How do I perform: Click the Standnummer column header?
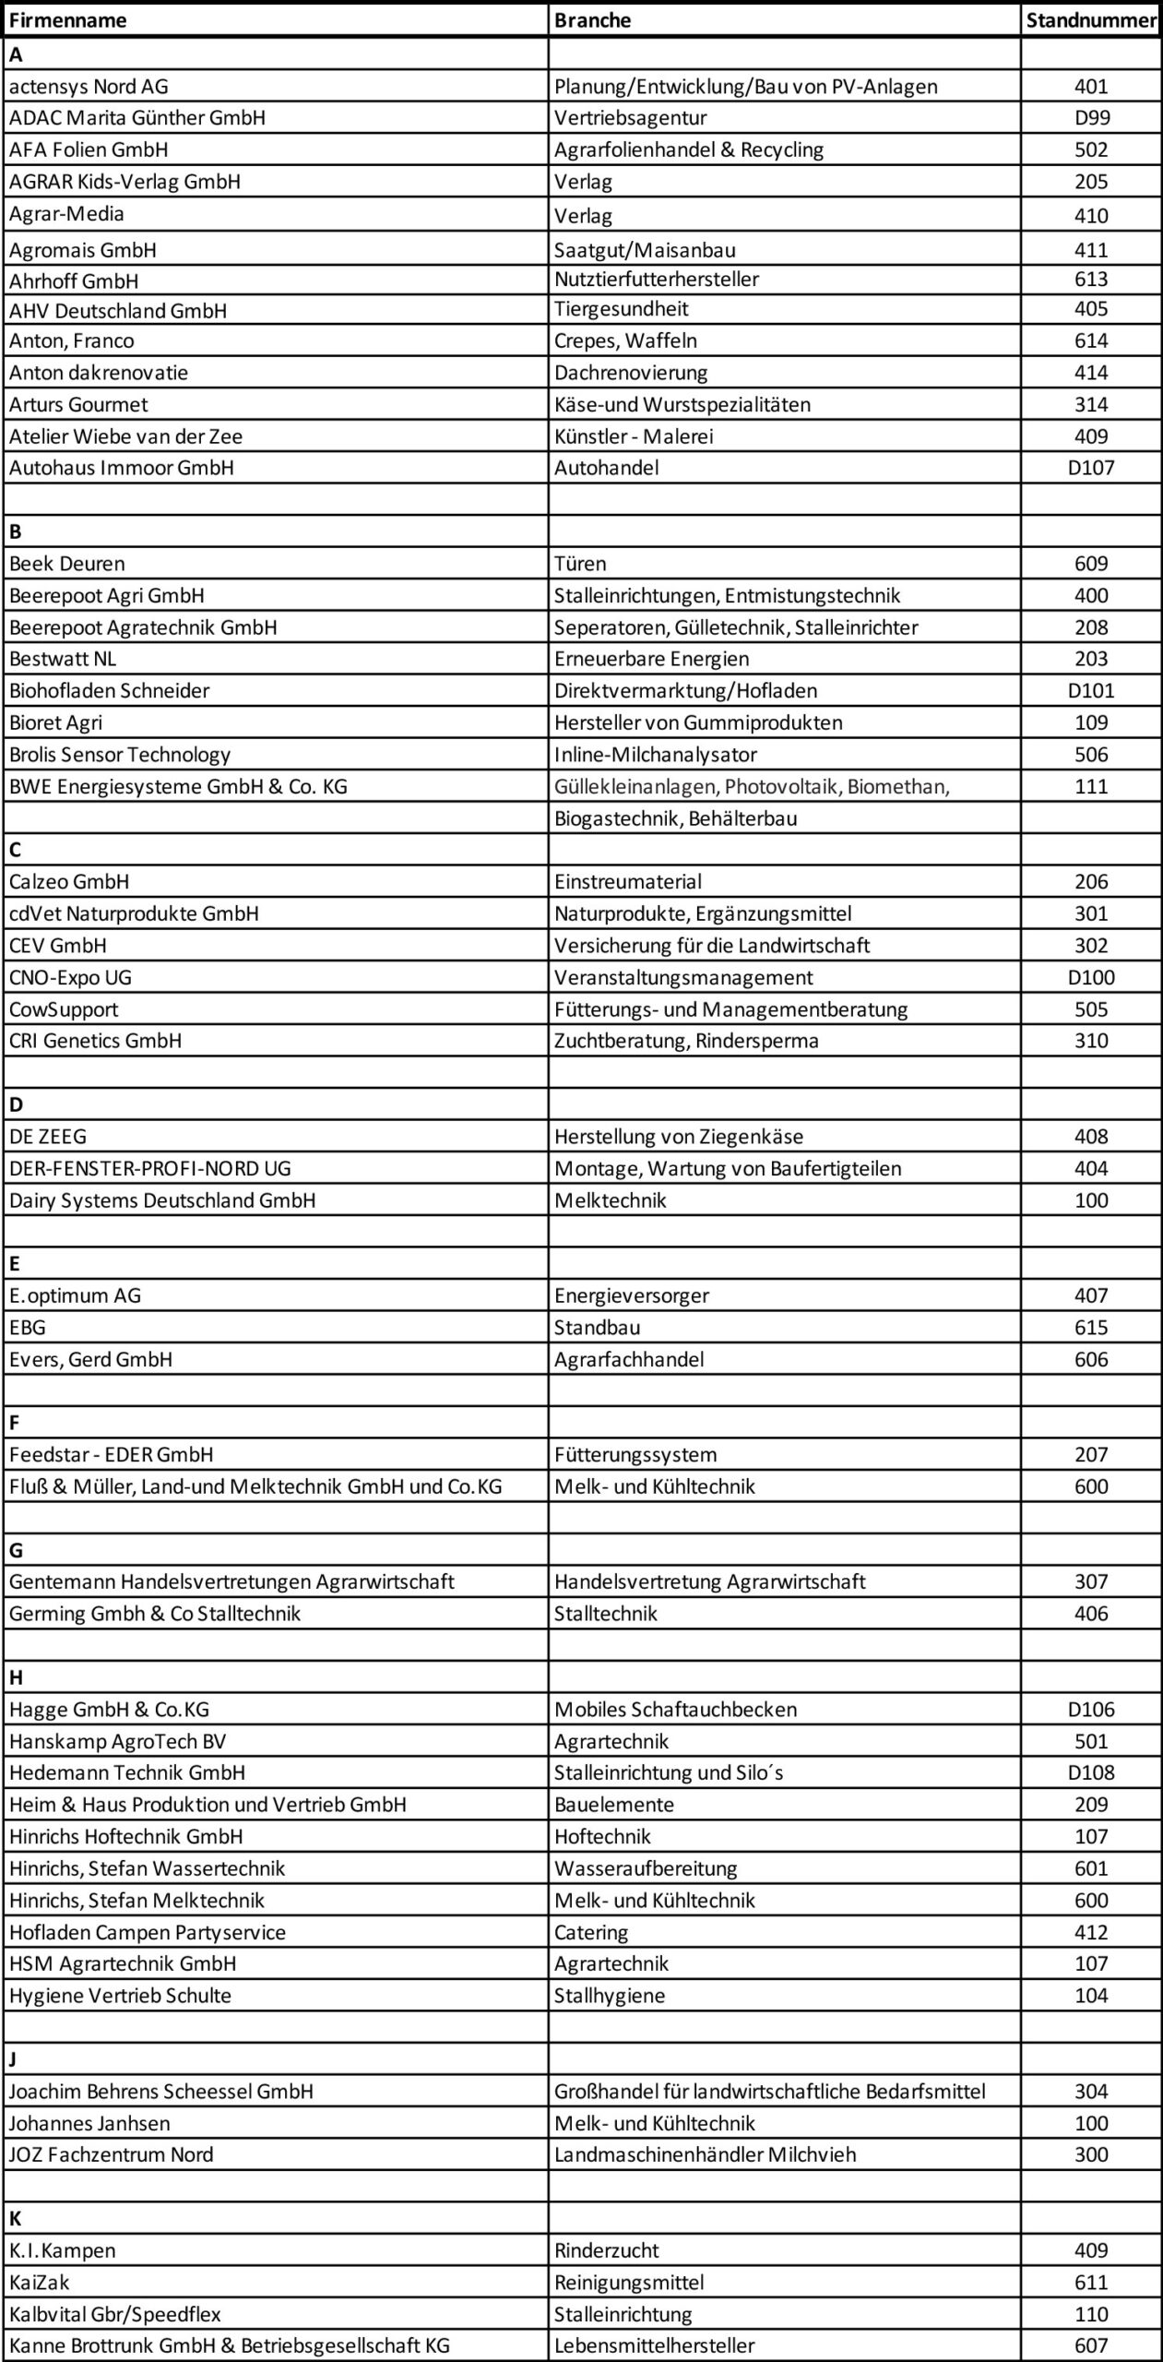(1091, 20)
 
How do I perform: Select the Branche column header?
(593, 20)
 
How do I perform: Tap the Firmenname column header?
(68, 20)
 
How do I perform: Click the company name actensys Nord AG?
(89, 87)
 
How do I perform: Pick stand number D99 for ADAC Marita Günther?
(1091, 117)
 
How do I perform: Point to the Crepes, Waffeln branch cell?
(625, 340)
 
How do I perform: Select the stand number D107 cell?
(1091, 468)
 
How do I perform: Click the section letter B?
(16, 531)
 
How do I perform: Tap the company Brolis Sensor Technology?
(120, 755)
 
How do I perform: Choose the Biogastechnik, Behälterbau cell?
(675, 818)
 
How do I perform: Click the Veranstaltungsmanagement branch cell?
(683, 977)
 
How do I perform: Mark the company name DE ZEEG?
(48, 1137)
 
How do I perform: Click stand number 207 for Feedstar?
(1091, 1455)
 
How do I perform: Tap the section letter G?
(16, 1551)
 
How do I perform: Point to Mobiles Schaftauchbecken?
(675, 1710)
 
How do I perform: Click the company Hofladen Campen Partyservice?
(148, 1932)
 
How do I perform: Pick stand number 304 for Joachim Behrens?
(1091, 2092)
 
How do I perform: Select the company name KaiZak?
(40, 2283)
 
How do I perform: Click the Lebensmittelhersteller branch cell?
(654, 2345)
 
